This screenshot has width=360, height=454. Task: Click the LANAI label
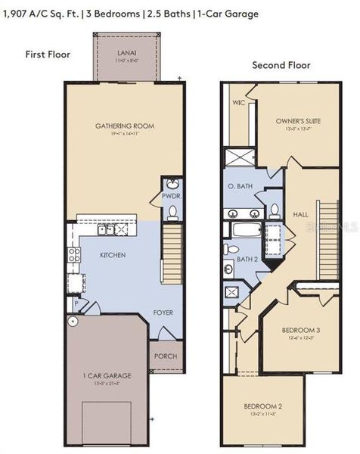click(x=123, y=53)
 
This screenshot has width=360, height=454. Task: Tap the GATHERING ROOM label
click(x=124, y=126)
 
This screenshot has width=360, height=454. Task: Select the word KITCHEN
click(x=113, y=255)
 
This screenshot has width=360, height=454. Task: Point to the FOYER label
click(x=163, y=312)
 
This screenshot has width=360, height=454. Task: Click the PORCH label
click(x=166, y=356)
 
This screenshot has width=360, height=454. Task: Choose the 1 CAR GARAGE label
click(x=107, y=375)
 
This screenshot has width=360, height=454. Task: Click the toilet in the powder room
click(x=172, y=212)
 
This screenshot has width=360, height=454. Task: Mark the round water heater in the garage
click(x=73, y=322)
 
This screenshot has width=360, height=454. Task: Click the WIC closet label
click(x=238, y=102)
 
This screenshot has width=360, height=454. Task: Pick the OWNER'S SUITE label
click(x=295, y=120)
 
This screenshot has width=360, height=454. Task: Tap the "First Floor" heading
click(x=48, y=54)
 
